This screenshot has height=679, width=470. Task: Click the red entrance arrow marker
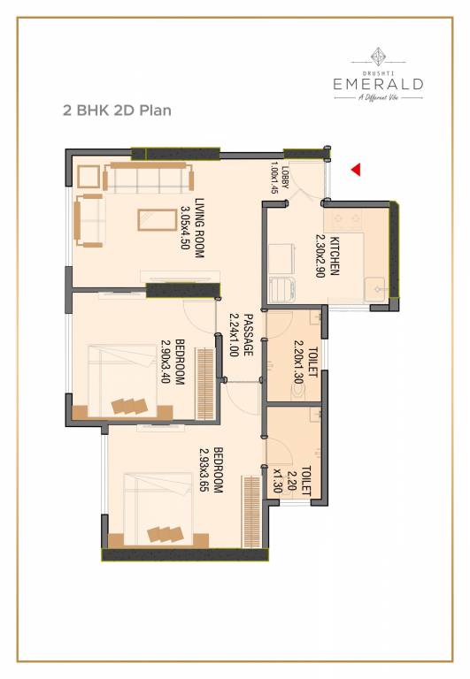356,168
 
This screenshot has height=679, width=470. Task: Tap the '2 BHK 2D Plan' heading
116,111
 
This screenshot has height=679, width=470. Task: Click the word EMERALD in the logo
378,84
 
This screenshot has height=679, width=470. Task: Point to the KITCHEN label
335,256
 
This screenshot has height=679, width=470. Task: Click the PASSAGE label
249,335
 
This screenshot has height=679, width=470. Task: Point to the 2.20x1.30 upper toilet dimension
298,363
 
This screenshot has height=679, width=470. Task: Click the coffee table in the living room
156,217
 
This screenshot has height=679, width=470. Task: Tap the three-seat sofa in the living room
148,178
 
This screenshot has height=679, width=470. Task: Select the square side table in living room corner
89,177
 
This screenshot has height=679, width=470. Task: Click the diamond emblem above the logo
378,54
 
